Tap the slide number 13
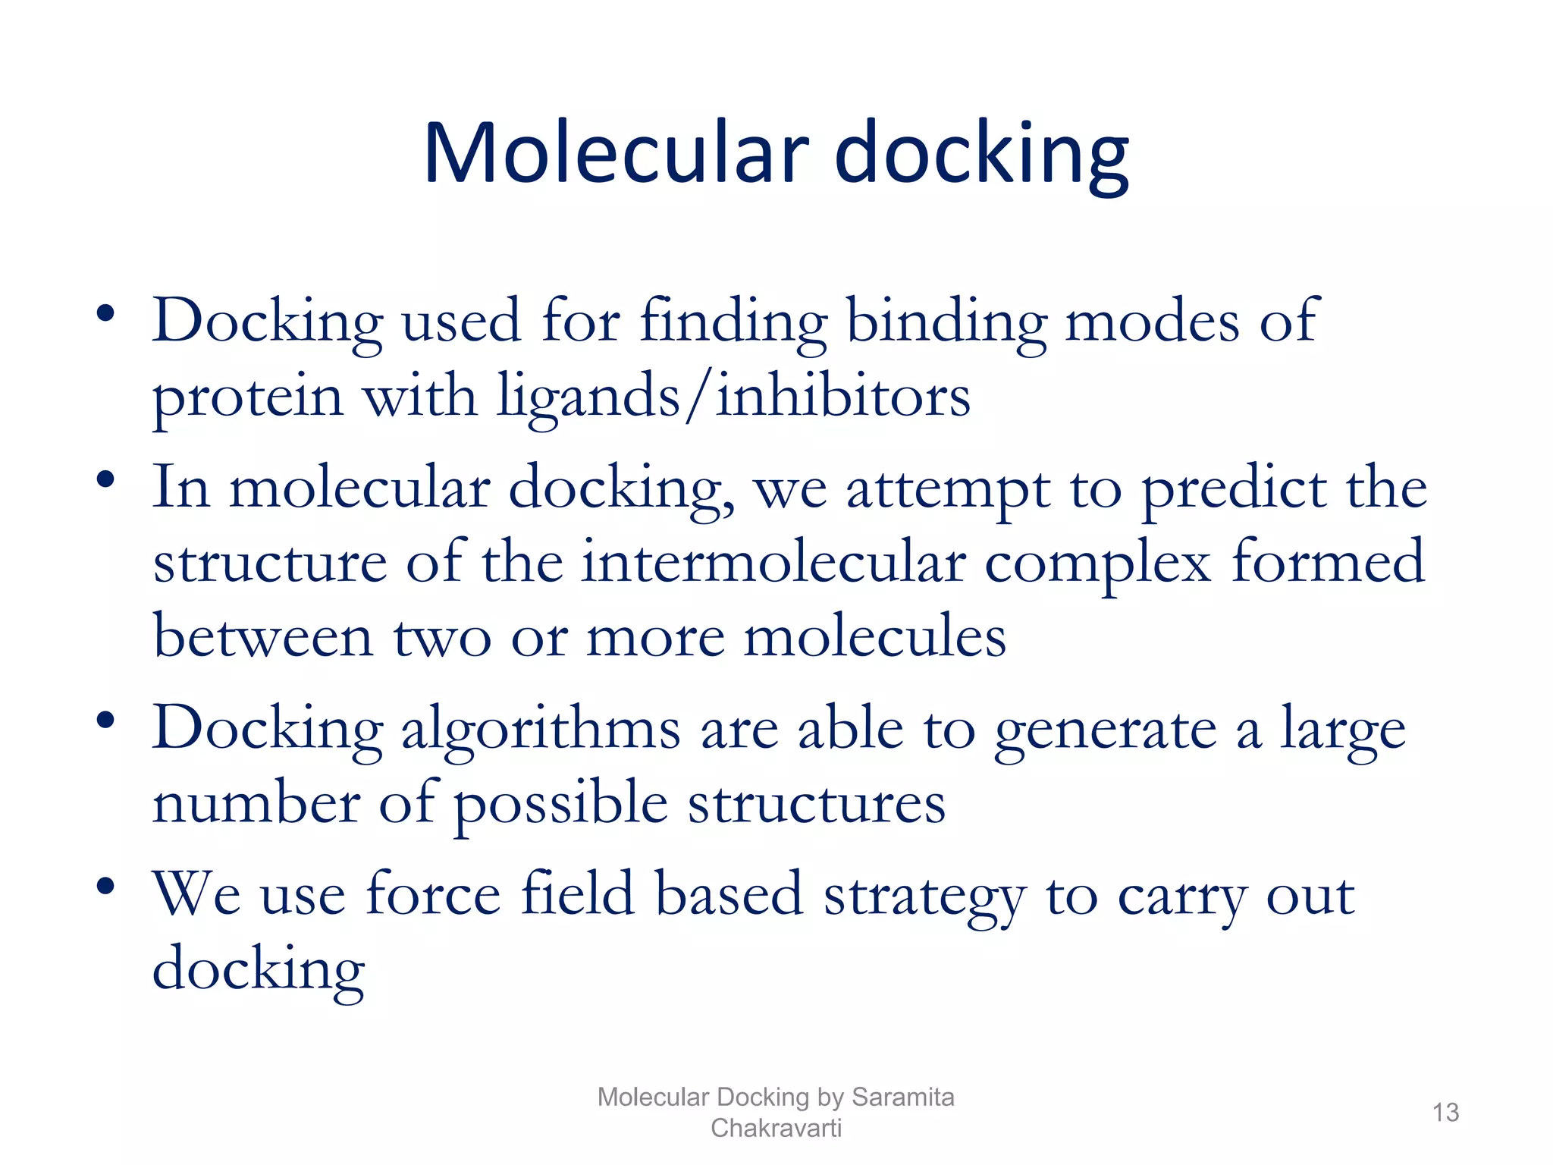pyautogui.click(x=1445, y=1113)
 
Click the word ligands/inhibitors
pyautogui.click(x=733, y=397)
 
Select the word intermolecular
pyautogui.click(x=773, y=563)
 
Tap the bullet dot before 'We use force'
pyautogui.click(x=105, y=885)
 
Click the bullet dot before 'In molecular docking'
pyautogui.click(x=105, y=479)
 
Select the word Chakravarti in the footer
pyautogui.click(x=776, y=1128)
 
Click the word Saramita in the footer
pyautogui.click(x=902, y=1097)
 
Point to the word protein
pyautogui.click(x=248, y=397)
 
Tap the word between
pyautogui.click(x=262, y=636)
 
